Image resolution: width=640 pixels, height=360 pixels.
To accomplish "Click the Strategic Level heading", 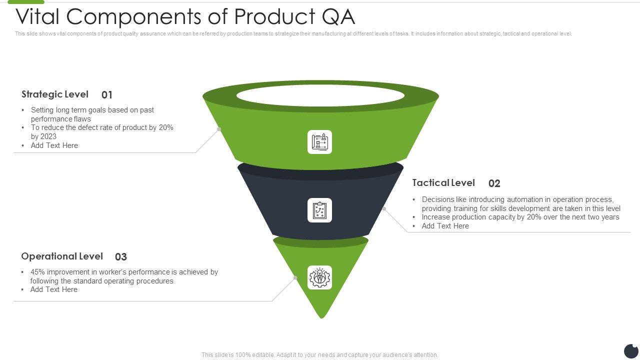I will click(55, 94).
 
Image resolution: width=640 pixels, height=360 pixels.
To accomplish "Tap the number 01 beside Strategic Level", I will click(107, 95).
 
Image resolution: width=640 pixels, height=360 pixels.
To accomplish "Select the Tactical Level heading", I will click(443, 183).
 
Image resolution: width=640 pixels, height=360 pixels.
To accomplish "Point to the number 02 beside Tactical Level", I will click(494, 183).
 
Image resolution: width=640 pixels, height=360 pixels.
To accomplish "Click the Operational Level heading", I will click(62, 256).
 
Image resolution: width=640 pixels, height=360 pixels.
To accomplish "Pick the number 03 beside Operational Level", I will click(121, 257).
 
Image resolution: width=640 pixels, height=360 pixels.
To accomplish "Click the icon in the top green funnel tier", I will click(320, 142).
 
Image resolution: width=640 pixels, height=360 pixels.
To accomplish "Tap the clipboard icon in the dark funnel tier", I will click(320, 210).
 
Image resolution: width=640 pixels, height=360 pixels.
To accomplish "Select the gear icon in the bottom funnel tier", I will click(320, 277).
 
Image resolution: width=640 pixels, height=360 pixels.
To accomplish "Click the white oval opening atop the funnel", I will click(320, 95).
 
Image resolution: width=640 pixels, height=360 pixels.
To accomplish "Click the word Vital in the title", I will click(38, 17).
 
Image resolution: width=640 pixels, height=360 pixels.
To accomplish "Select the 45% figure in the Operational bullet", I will click(38, 272).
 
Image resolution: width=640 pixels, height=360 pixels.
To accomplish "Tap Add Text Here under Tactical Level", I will click(445, 226).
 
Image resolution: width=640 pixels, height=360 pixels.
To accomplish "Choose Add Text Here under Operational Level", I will click(54, 289).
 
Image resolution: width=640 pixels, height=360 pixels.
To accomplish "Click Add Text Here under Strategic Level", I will click(54, 145).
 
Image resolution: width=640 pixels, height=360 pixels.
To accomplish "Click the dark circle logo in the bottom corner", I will click(631, 351).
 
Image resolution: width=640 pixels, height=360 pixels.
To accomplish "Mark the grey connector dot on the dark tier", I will click(384, 208).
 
